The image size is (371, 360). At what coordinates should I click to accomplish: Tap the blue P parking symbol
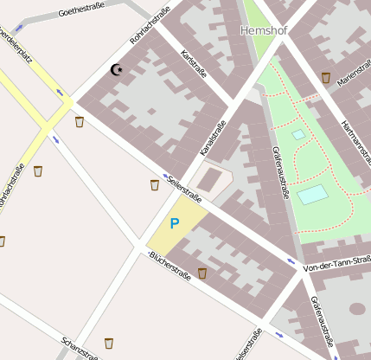point(174,223)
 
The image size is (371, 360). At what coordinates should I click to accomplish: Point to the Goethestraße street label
point(87,12)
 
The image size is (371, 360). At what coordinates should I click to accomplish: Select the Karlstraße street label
point(194,65)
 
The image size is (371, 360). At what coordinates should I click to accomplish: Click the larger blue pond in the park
point(313,194)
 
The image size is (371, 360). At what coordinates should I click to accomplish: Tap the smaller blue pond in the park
point(298,134)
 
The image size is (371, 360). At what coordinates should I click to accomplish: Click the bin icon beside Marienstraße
point(325,78)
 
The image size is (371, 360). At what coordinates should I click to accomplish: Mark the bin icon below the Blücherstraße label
point(202,273)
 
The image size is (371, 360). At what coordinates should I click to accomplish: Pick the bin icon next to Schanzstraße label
point(109,343)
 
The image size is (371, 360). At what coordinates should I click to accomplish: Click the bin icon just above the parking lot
point(155,184)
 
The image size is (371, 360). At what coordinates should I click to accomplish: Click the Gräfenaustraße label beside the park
point(279,170)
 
